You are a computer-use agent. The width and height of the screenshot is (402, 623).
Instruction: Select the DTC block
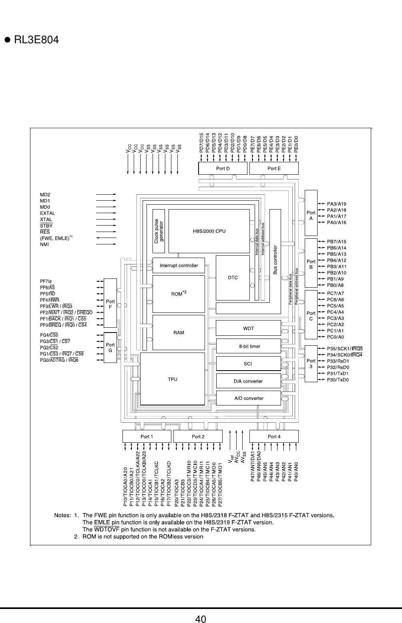coord(233,278)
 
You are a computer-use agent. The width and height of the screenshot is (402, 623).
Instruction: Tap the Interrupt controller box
coord(179,265)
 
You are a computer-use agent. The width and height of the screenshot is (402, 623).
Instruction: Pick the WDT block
coord(248,328)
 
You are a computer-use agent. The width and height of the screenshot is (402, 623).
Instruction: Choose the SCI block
coord(248,363)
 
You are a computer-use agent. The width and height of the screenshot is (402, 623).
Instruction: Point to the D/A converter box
coord(248,381)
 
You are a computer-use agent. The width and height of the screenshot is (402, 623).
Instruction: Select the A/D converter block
coord(248,398)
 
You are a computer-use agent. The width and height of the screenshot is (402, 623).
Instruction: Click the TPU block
coord(173,379)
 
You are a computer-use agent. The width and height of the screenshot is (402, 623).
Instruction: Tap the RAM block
coord(179,332)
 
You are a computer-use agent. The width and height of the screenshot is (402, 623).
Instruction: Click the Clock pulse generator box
coord(159,231)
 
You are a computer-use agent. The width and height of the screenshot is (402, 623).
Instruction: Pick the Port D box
coord(223,168)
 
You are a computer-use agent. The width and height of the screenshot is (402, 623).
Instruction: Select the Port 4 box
coord(274,436)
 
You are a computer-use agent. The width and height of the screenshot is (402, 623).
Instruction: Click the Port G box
coord(110,347)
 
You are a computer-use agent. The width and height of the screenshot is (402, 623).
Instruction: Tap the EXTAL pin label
coord(48,213)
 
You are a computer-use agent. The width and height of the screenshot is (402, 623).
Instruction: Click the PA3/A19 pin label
coord(337,204)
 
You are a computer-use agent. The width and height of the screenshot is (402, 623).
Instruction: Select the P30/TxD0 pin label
coord(338,379)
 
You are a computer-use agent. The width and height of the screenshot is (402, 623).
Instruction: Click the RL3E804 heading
coord(36,40)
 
